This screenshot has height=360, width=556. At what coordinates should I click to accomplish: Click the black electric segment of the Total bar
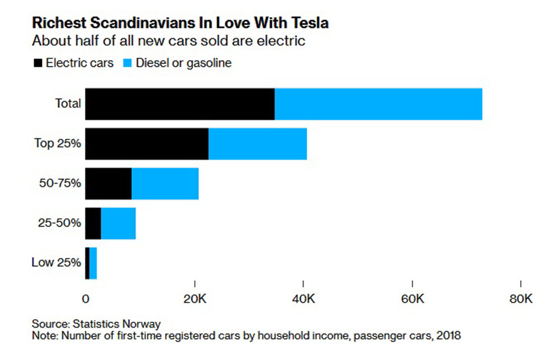click(x=180, y=104)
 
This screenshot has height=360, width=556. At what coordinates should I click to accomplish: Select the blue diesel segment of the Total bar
click(x=378, y=104)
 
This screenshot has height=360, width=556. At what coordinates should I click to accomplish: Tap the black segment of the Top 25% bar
click(x=147, y=144)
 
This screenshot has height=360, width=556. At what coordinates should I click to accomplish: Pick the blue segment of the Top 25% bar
click(x=258, y=144)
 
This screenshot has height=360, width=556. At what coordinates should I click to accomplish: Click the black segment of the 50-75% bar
click(x=108, y=184)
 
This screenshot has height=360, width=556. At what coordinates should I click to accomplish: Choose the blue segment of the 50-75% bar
click(x=165, y=184)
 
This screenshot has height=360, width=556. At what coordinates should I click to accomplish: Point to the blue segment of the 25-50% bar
click(x=118, y=224)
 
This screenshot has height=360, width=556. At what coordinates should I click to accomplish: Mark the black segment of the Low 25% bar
click(x=87, y=263)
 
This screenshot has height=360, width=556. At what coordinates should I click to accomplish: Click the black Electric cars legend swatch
click(x=38, y=63)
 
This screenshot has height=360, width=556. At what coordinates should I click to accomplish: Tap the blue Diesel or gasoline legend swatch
click(x=127, y=63)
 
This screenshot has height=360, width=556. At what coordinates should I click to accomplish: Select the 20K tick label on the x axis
click(x=195, y=299)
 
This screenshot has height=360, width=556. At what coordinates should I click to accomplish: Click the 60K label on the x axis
click(x=412, y=299)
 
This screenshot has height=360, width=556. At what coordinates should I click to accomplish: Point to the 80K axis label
click(x=521, y=299)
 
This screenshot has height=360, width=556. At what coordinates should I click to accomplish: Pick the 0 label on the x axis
click(x=85, y=299)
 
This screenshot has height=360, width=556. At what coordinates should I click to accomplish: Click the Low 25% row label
click(x=56, y=262)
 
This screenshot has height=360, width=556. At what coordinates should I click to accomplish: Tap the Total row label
click(x=68, y=104)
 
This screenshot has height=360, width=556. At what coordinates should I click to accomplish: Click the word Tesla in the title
click(x=310, y=23)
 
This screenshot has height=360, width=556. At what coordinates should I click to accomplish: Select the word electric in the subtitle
click(x=281, y=41)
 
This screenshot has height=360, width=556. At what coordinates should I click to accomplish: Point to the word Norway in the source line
click(x=141, y=324)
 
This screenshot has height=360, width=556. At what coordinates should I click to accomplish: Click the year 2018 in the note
click(x=448, y=335)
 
